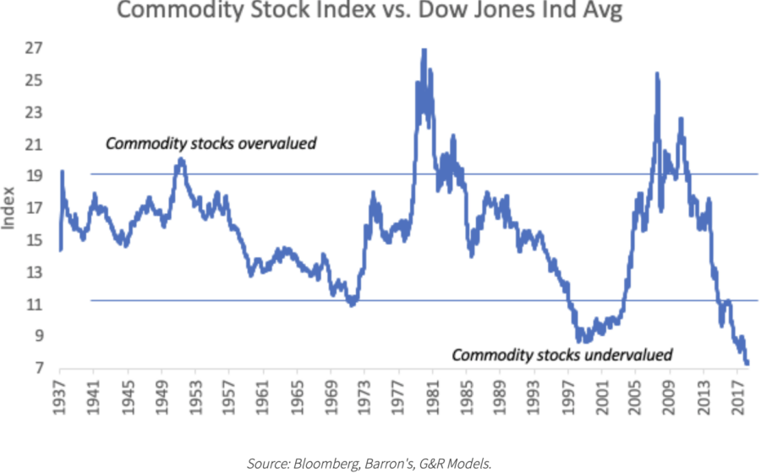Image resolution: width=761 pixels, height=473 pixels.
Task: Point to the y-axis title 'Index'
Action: pyautogui.click(x=9, y=208)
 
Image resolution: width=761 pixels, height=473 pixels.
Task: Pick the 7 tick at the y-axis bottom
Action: pyautogui.click(x=38, y=369)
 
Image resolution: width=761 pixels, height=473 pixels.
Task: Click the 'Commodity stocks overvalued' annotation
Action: pyautogui.click(x=211, y=143)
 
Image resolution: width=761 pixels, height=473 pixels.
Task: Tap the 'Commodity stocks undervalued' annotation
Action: pyautogui.click(x=561, y=354)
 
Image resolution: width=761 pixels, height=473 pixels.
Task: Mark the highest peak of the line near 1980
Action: pyautogui.click(x=424, y=51)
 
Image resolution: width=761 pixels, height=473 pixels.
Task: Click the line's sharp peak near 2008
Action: pyautogui.click(x=657, y=74)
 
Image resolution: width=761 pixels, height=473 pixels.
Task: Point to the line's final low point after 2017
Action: pyautogui.click(x=747, y=364)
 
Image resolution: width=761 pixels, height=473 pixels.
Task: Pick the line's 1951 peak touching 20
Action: pyautogui.click(x=179, y=160)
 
